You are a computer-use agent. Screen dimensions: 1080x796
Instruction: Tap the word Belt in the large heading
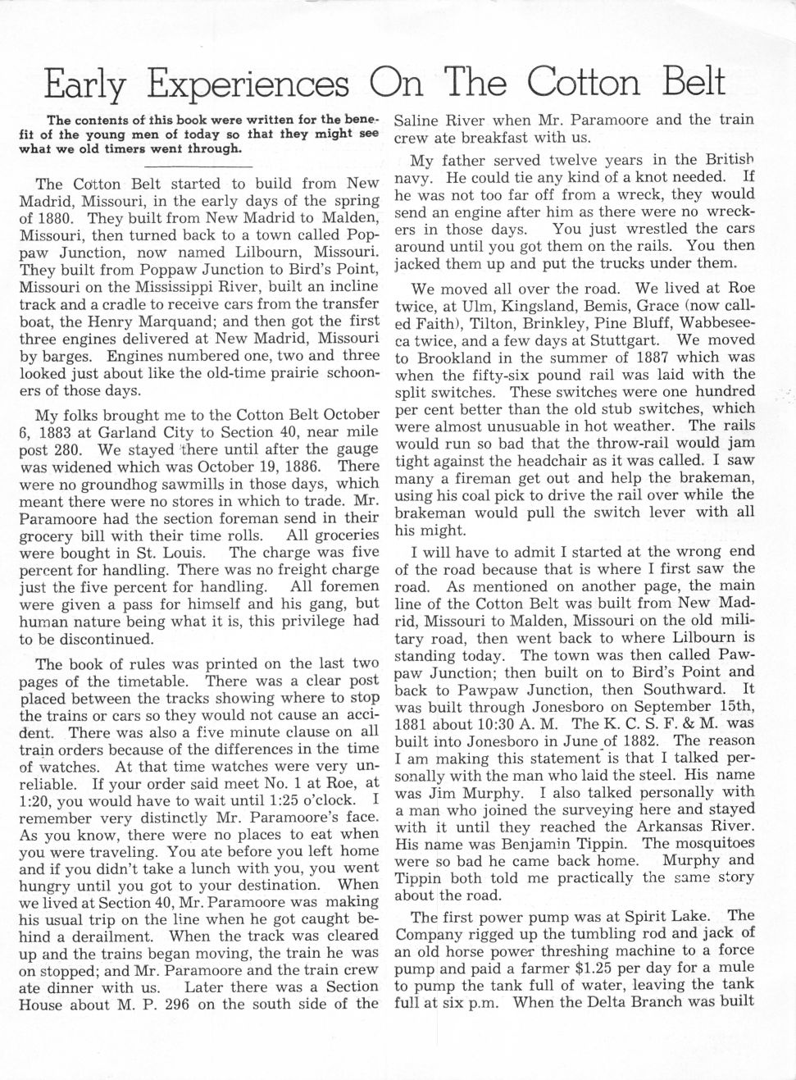pos(684,82)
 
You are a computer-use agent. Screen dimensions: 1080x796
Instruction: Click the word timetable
pos(155,681)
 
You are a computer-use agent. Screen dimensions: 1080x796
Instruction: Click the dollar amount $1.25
pos(608,968)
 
